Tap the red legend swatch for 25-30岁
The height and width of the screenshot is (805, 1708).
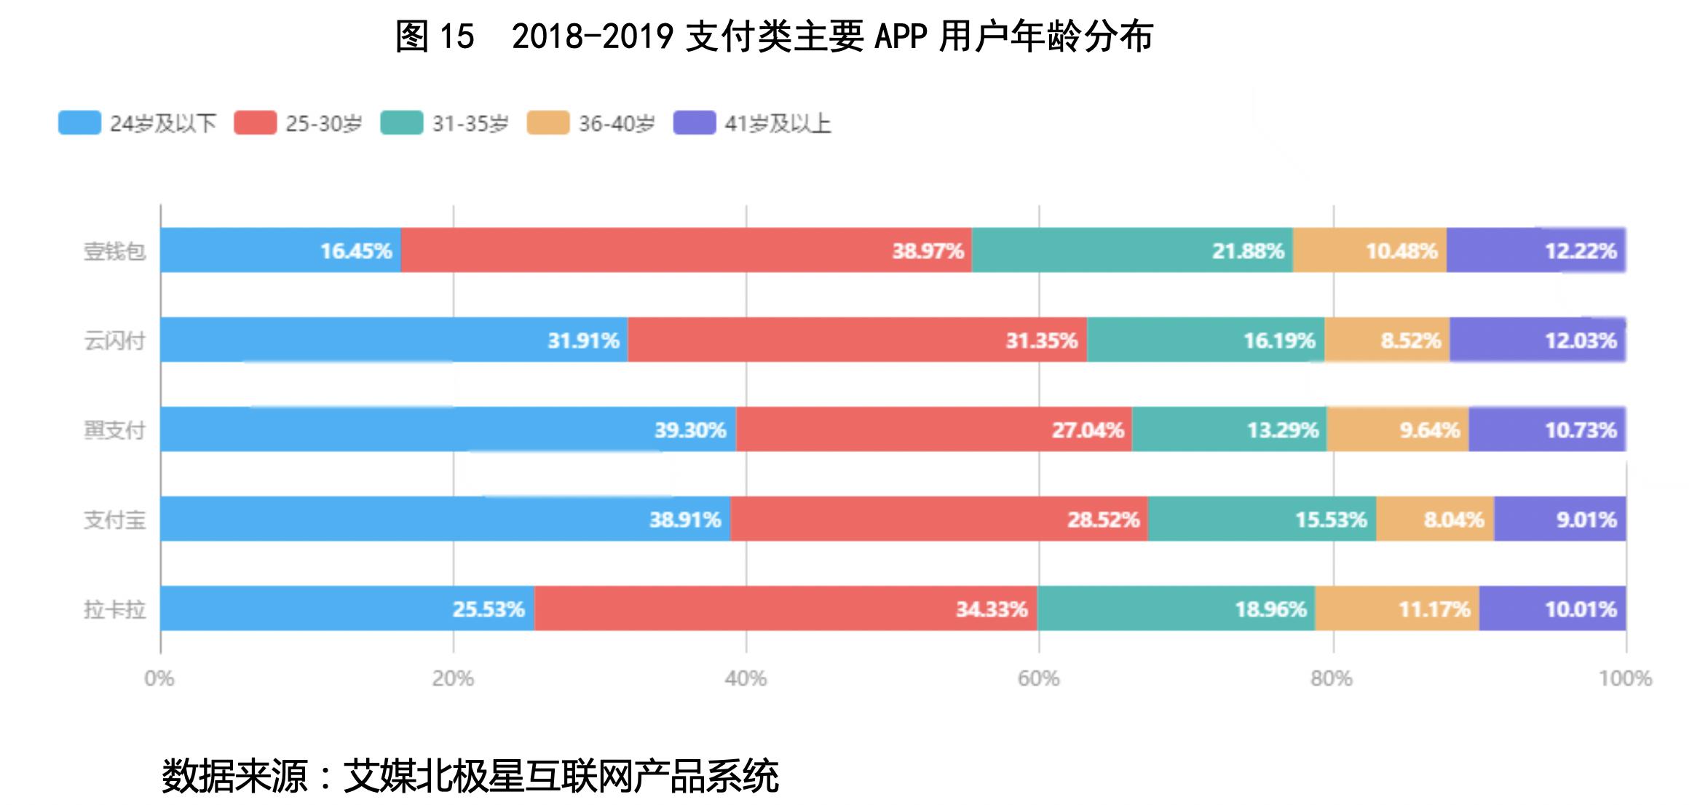(x=255, y=123)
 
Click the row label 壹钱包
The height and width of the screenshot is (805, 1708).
(x=114, y=251)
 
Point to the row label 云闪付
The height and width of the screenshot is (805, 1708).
(x=114, y=341)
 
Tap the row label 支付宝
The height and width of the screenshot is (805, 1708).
(x=114, y=520)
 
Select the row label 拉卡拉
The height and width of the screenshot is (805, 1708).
(x=114, y=609)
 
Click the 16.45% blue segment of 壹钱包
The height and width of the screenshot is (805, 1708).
(x=281, y=250)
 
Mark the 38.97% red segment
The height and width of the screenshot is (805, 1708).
(x=686, y=250)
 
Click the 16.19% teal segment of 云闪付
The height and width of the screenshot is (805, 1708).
(x=1205, y=340)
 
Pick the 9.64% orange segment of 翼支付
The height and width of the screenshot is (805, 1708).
(x=1397, y=429)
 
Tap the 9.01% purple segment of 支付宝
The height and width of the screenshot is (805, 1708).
(x=1559, y=519)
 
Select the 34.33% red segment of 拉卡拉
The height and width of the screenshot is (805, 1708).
(x=785, y=608)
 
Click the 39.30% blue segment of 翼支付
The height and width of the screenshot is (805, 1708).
(x=448, y=429)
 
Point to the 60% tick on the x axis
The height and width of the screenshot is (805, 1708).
(x=1038, y=678)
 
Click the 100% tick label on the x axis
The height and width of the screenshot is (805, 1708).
(x=1625, y=678)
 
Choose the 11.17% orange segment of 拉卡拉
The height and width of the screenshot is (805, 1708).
(x=1396, y=608)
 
